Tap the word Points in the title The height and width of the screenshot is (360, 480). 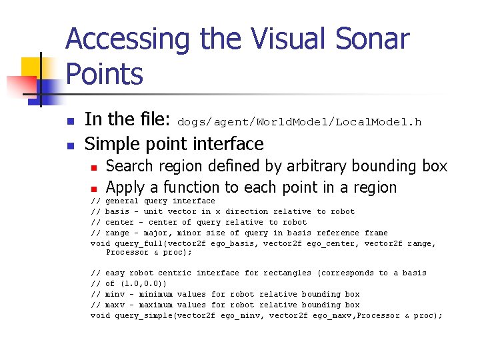point(104,74)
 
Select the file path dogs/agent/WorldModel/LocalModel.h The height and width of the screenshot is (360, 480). point(299,122)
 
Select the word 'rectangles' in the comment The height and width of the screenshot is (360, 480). point(287,273)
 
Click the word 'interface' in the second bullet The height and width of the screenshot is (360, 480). point(230,144)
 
